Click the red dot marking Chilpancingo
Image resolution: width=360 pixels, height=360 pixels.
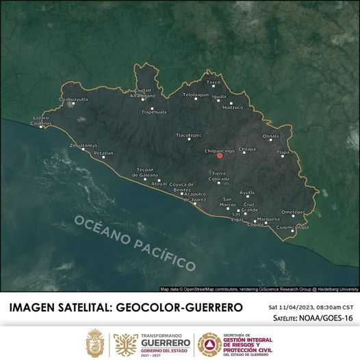point(220,155)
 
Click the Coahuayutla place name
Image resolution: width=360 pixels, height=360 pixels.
point(74,99)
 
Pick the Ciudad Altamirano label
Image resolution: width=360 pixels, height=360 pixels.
point(142,93)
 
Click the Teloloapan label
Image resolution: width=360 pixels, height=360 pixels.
point(195,94)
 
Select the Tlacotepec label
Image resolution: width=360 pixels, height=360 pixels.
point(189,135)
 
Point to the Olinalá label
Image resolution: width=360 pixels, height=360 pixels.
point(271,136)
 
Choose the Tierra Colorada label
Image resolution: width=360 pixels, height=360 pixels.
point(220,177)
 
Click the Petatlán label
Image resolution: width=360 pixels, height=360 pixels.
point(103,153)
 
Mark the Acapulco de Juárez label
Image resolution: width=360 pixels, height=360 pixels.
point(195,196)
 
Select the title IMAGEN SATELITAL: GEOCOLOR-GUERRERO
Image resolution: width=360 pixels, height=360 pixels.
point(126,307)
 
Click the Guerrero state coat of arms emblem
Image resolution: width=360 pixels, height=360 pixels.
point(94,341)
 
